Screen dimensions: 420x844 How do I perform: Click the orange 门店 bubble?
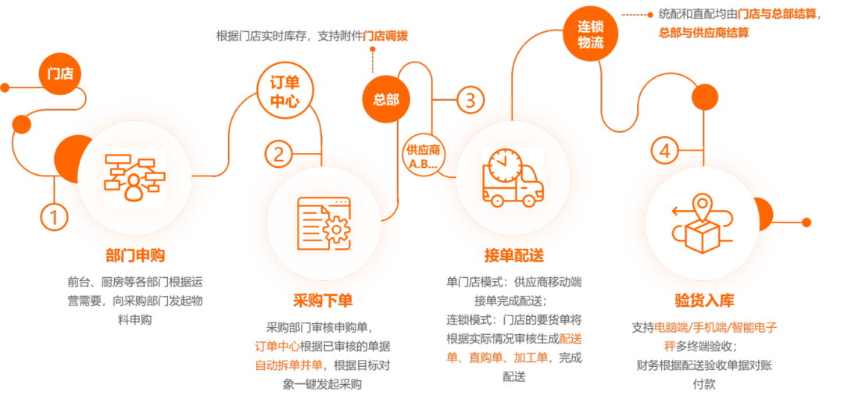(x=60, y=75)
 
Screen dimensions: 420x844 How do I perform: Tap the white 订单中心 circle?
(x=285, y=92)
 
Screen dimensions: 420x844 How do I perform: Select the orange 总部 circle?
(x=385, y=100)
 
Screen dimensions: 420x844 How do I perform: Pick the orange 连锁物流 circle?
(x=591, y=34)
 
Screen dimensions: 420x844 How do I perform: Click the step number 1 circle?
(x=53, y=219)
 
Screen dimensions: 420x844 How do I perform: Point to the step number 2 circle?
(x=278, y=154)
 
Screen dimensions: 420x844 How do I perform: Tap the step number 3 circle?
(x=470, y=100)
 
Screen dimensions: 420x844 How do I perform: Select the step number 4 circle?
(x=663, y=150)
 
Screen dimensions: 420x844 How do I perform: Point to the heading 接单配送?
(x=513, y=256)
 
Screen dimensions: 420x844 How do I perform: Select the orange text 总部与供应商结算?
(x=704, y=33)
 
